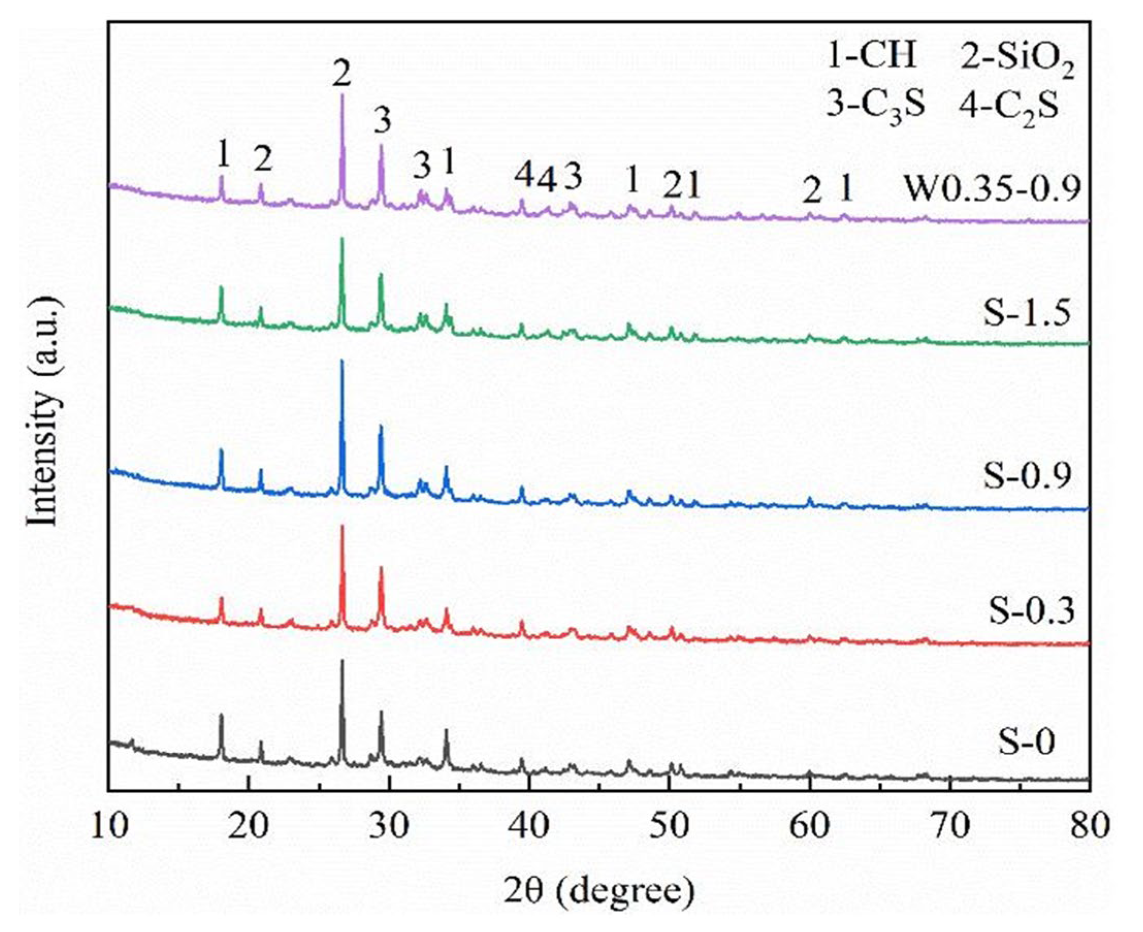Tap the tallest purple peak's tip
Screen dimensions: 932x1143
[x=342, y=96]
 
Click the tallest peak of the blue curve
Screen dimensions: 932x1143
[x=342, y=361]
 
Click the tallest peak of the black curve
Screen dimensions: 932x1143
[x=342, y=661]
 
